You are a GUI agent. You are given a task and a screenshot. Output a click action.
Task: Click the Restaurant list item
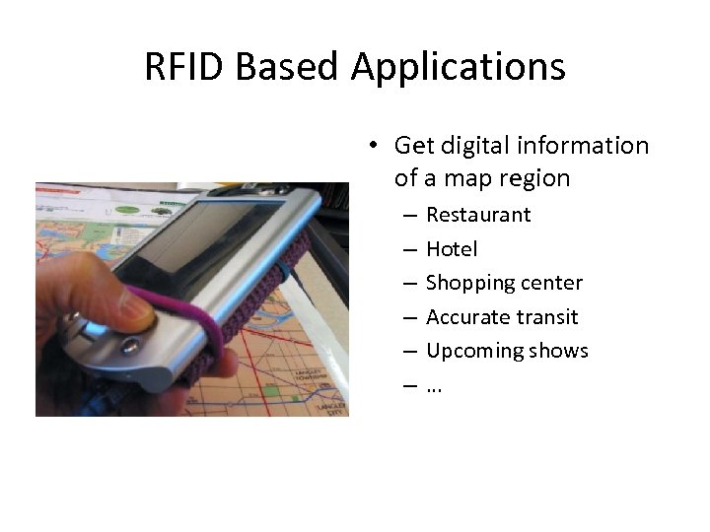click(478, 215)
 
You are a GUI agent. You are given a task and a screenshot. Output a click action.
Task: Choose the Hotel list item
click(452, 249)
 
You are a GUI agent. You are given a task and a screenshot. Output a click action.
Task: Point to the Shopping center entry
click(504, 283)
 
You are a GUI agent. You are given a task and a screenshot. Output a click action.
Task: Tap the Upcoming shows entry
click(507, 351)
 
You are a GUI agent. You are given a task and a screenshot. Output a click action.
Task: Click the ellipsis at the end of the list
click(434, 386)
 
